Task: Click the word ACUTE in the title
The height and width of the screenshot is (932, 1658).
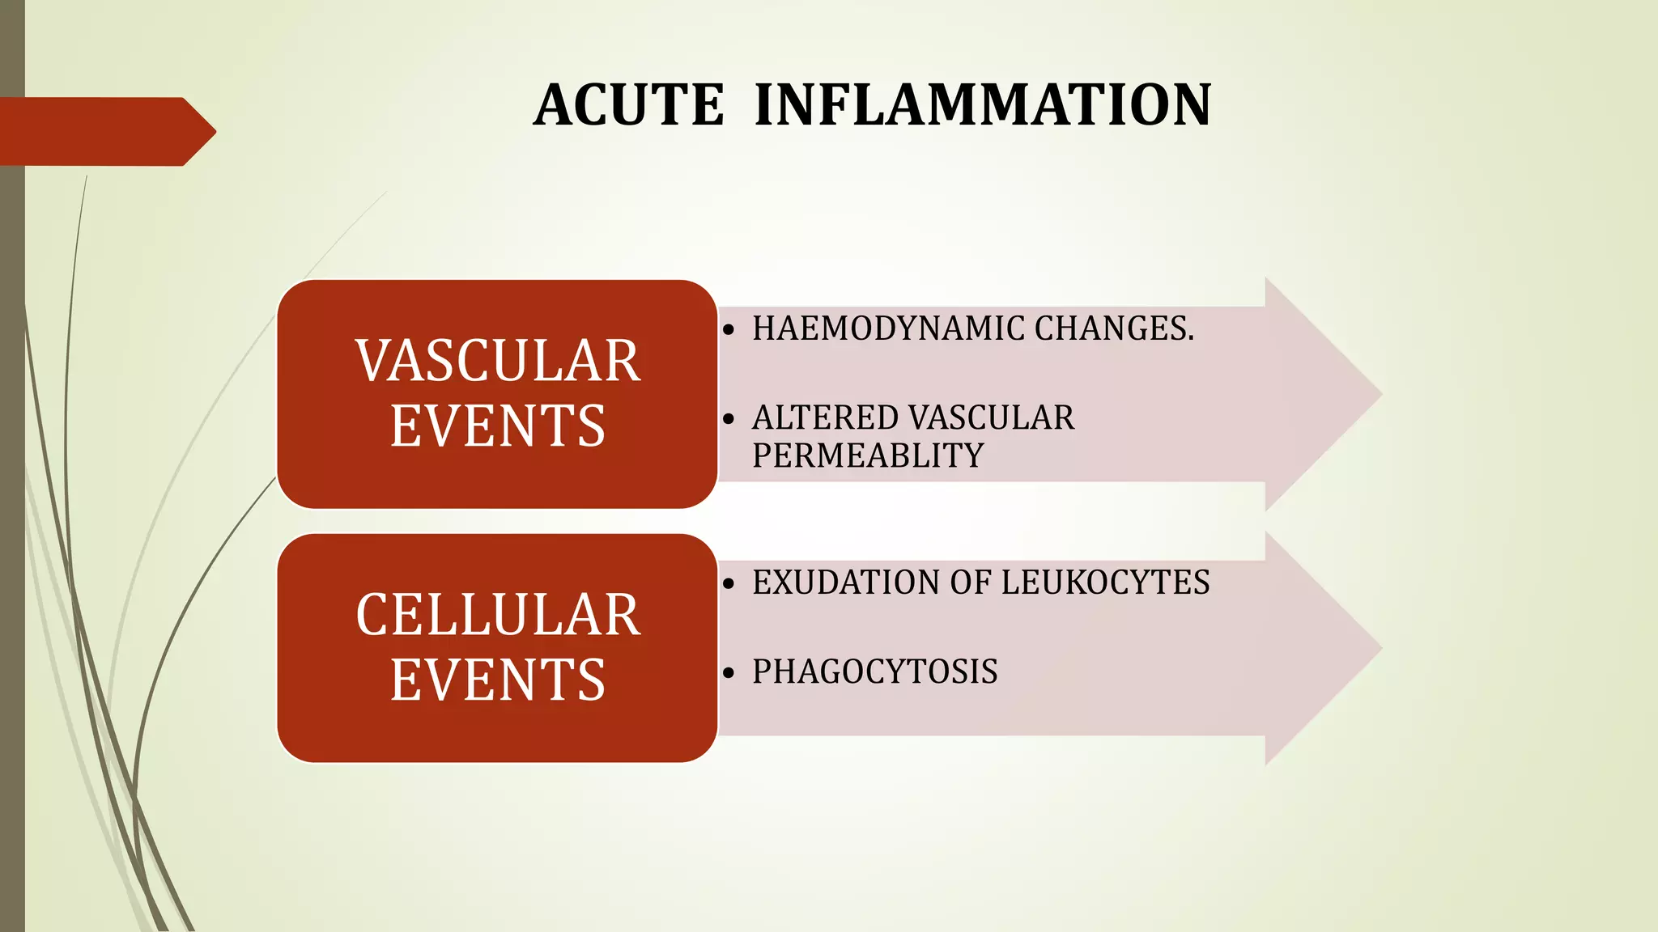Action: pos(629,106)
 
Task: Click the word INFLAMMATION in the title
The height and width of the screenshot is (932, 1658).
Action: pos(982,106)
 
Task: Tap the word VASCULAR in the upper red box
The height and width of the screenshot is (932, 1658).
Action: pos(498,361)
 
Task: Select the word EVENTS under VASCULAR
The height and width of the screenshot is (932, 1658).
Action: pos(498,426)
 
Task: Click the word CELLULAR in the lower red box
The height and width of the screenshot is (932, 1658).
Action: pos(498,615)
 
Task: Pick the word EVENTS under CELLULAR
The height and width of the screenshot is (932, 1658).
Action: pos(498,680)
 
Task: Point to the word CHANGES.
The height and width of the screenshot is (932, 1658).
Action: pos(1113,328)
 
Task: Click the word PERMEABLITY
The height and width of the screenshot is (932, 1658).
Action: pos(868,455)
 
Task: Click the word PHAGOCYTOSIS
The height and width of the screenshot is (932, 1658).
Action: pos(874,672)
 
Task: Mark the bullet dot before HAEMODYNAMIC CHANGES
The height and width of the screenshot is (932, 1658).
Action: pos(729,330)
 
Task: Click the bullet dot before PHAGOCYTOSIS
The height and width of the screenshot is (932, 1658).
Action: pos(729,673)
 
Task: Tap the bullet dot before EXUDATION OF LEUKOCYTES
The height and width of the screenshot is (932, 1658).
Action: pos(729,583)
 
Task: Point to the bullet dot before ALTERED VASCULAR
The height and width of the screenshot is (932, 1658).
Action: pos(729,419)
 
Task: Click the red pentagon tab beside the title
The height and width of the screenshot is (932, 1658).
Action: pos(105,132)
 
